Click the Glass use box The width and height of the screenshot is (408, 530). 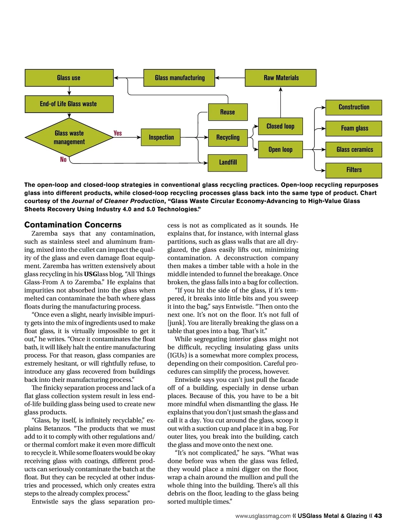tap(69, 78)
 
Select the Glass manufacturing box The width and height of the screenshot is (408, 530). tap(179, 78)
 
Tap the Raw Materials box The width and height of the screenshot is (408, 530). tap(280, 78)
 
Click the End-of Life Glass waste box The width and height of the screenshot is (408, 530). tap(69, 104)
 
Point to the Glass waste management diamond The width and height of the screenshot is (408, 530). tap(69, 137)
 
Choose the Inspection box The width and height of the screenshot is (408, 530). tap(161, 137)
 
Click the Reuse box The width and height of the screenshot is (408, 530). tap(227, 112)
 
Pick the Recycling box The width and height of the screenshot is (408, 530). tap(227, 137)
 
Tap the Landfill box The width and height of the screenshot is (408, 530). tap(227, 163)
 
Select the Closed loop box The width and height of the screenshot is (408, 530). tap(280, 126)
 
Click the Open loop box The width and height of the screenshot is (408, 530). tap(280, 150)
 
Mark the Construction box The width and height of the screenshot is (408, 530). tap(354, 107)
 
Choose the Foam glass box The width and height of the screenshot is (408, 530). tap(354, 129)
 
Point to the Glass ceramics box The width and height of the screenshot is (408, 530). tap(354, 150)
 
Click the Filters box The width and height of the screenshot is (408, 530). tap(354, 170)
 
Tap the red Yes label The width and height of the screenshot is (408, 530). tap(118, 133)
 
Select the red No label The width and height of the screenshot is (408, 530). tap(63, 159)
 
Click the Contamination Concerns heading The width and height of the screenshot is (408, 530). tap(73, 225)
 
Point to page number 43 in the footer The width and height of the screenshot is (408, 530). tap(378, 516)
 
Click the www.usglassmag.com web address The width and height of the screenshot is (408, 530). tap(263, 516)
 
